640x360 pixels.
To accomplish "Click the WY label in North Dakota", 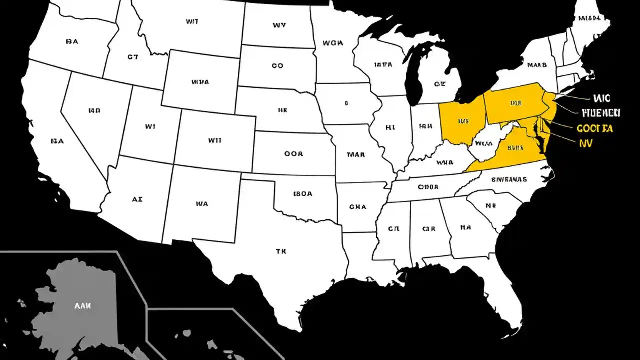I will (x=279, y=25).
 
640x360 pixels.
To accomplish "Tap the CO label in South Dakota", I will (x=277, y=65).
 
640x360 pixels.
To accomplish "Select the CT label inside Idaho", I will (x=132, y=57).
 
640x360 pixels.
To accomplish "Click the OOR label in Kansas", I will (x=293, y=154).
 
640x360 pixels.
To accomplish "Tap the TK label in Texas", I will (x=281, y=252).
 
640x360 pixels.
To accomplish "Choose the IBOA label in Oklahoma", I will (x=303, y=194).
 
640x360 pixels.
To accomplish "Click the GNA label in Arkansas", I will (x=358, y=206).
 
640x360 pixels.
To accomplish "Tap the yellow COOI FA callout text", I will (x=595, y=128).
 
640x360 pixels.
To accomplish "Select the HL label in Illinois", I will (x=390, y=127).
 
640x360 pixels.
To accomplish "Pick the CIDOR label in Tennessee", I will (x=428, y=187).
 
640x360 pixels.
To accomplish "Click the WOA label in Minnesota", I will (x=333, y=43).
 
